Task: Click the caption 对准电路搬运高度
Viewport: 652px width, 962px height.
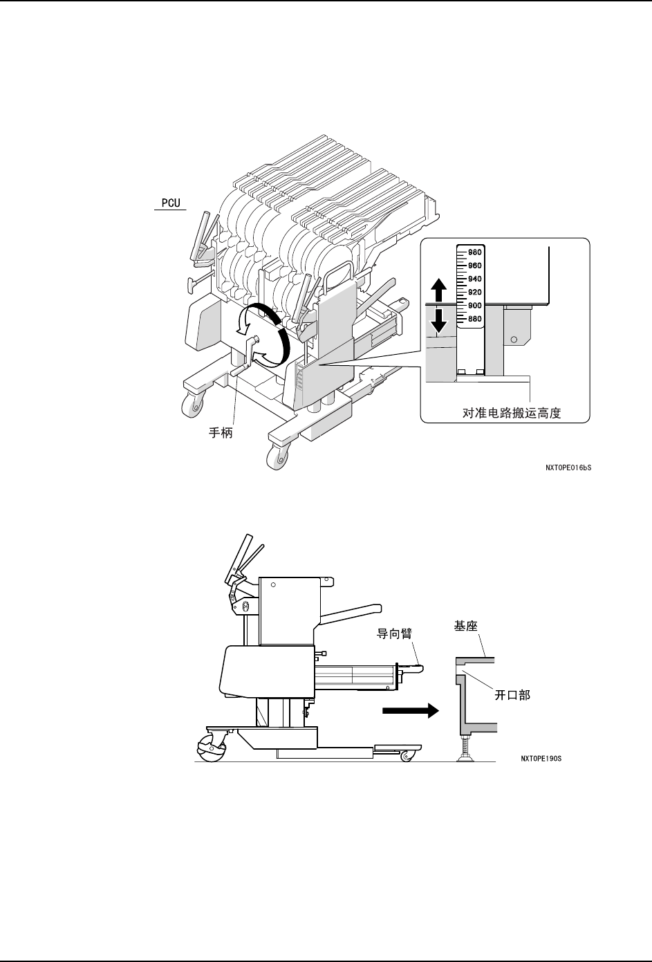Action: coord(511,413)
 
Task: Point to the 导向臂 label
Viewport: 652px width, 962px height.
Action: coord(394,633)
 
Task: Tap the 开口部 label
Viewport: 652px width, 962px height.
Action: coord(512,695)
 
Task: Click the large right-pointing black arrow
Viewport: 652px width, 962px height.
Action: coord(410,711)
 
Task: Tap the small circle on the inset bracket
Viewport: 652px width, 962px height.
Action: coord(513,340)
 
